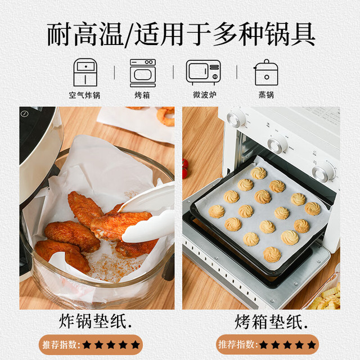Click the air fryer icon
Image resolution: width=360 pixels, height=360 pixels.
click(x=85, y=73)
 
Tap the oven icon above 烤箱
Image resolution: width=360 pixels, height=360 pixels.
click(x=142, y=73)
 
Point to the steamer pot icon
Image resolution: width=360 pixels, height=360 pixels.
click(x=266, y=73)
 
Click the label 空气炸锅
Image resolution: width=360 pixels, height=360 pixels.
click(x=84, y=95)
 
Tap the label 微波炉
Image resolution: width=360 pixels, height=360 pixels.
click(x=205, y=94)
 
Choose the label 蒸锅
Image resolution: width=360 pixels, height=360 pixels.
click(x=266, y=94)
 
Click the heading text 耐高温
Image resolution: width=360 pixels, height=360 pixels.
click(x=85, y=34)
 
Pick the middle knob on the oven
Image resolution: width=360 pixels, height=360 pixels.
click(x=278, y=145)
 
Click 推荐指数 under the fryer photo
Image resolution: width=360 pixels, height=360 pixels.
click(x=60, y=345)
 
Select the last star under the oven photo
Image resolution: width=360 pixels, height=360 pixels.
click(x=311, y=345)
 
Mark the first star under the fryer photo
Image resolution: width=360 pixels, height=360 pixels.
click(x=87, y=345)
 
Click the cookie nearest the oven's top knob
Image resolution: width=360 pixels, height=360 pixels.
click(x=259, y=173)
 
